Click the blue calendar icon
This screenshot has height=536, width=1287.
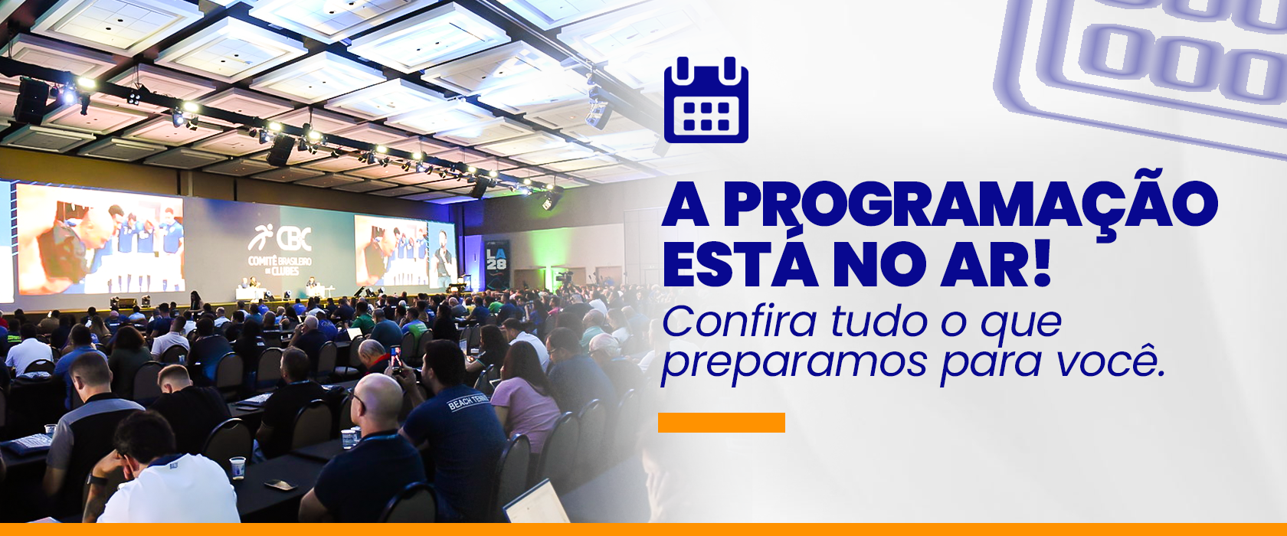point(706,100)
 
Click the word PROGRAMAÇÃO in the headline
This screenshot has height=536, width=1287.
point(970,204)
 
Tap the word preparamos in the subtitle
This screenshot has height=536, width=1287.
point(794,364)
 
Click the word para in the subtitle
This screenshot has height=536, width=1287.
point(991,364)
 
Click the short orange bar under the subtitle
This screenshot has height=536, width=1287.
point(721,422)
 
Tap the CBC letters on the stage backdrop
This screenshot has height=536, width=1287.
point(294,239)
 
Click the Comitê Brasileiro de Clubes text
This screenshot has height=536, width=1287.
point(280,266)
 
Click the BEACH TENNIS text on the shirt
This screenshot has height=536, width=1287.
point(468,400)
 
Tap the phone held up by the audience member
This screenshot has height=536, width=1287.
point(395,358)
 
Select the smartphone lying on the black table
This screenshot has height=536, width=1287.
point(280,485)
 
